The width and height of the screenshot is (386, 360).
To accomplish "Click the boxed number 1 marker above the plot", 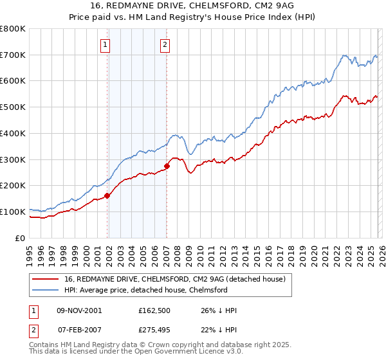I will click(105, 44).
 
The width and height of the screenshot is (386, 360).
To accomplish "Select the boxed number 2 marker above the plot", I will click(165, 44).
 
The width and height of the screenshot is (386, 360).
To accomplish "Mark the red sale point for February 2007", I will click(167, 166).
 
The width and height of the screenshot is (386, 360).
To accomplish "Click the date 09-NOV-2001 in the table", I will click(79, 310).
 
